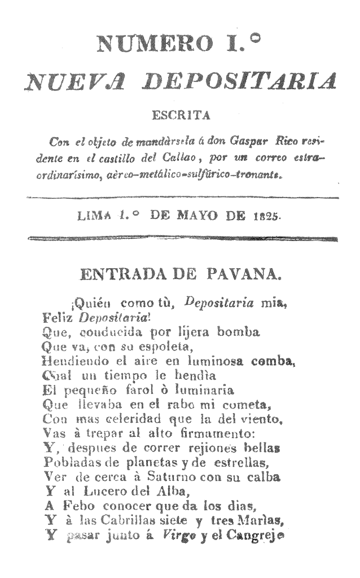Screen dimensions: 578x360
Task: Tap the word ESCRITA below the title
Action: [x=180, y=116]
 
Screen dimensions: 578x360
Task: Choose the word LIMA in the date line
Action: [x=96, y=216]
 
